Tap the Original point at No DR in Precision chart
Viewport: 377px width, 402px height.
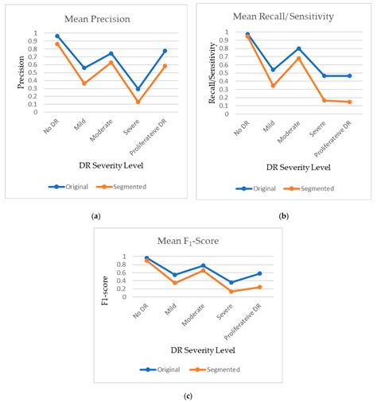[57, 36]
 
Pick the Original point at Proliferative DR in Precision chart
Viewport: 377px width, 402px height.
[165, 51]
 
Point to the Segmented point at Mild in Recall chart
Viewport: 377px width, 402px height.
[273, 86]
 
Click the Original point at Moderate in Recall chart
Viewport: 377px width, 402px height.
[298, 48]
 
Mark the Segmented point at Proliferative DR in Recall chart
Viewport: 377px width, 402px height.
[349, 102]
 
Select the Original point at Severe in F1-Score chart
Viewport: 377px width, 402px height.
[231, 283]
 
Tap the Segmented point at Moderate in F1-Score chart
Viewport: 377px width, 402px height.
[204, 270]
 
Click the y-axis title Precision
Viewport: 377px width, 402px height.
[22, 72]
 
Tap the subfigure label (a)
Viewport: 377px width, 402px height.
[95, 215]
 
